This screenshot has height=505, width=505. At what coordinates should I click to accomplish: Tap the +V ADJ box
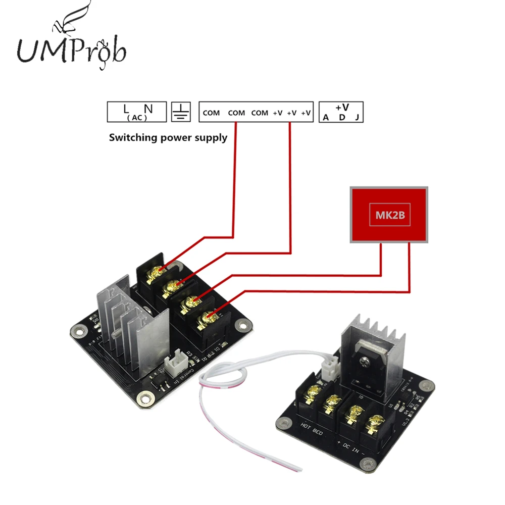click(342, 112)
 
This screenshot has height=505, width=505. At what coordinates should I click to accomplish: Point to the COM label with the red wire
click(236, 113)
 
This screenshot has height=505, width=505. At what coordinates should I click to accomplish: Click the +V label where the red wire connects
click(291, 113)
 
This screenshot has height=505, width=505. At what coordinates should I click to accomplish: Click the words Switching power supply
click(168, 137)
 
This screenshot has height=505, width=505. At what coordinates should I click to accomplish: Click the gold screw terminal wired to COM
click(154, 273)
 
